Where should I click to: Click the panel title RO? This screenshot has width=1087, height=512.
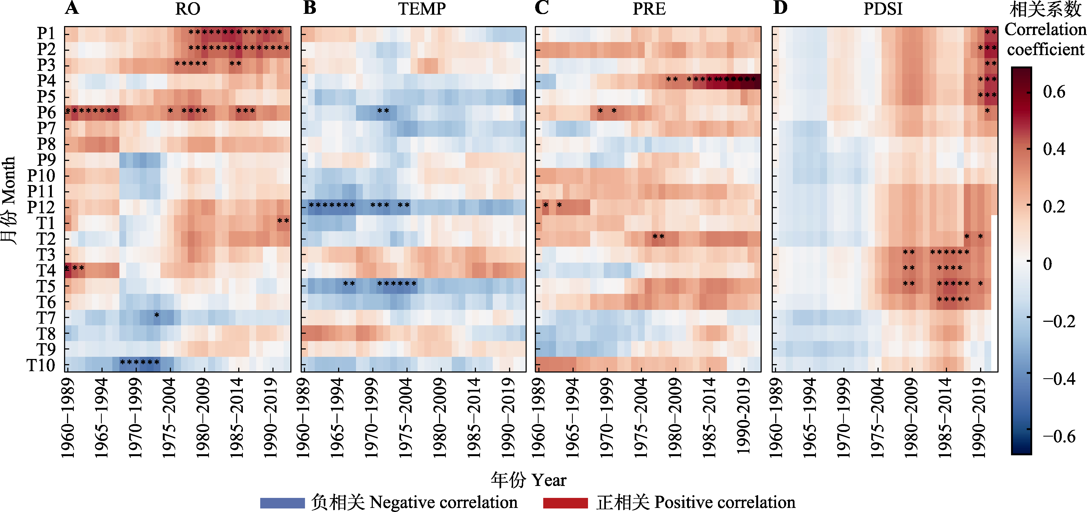(x=188, y=9)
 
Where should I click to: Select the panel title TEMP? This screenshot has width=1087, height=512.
(x=422, y=9)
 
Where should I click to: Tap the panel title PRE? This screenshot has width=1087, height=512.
(x=649, y=9)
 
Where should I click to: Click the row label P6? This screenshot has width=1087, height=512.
(x=46, y=113)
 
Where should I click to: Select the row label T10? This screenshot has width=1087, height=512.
(x=41, y=365)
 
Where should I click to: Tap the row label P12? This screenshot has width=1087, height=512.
(x=41, y=207)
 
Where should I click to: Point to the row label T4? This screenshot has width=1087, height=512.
(x=46, y=270)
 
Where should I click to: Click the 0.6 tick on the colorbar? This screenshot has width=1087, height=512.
(x=1054, y=92)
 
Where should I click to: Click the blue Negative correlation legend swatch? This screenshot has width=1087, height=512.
(x=282, y=503)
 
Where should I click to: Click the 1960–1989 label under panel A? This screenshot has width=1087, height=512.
(x=68, y=418)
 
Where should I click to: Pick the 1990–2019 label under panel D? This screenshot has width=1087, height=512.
(x=979, y=418)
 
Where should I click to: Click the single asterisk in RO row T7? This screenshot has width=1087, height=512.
(x=157, y=315)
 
